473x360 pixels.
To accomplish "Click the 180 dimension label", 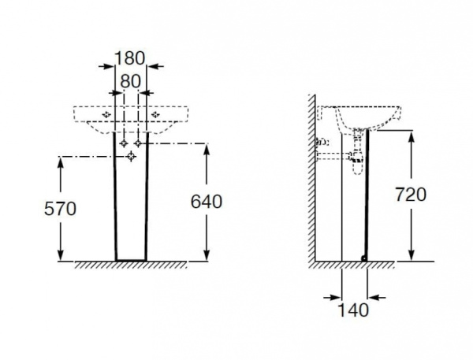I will tap(130, 58).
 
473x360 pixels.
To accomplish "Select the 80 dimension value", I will tap(130, 80).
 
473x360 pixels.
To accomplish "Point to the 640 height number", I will tap(207, 202).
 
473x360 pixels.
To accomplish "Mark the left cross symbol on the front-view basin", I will tap(106, 115).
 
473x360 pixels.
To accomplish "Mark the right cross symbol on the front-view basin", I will tap(155, 115).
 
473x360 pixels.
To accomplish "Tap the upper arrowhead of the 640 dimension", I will tap(207, 149).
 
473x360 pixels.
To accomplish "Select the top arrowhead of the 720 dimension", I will tap(411, 136).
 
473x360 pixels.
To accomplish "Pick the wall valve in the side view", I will tap(322, 143).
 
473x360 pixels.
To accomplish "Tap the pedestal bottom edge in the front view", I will tap(131, 261).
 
